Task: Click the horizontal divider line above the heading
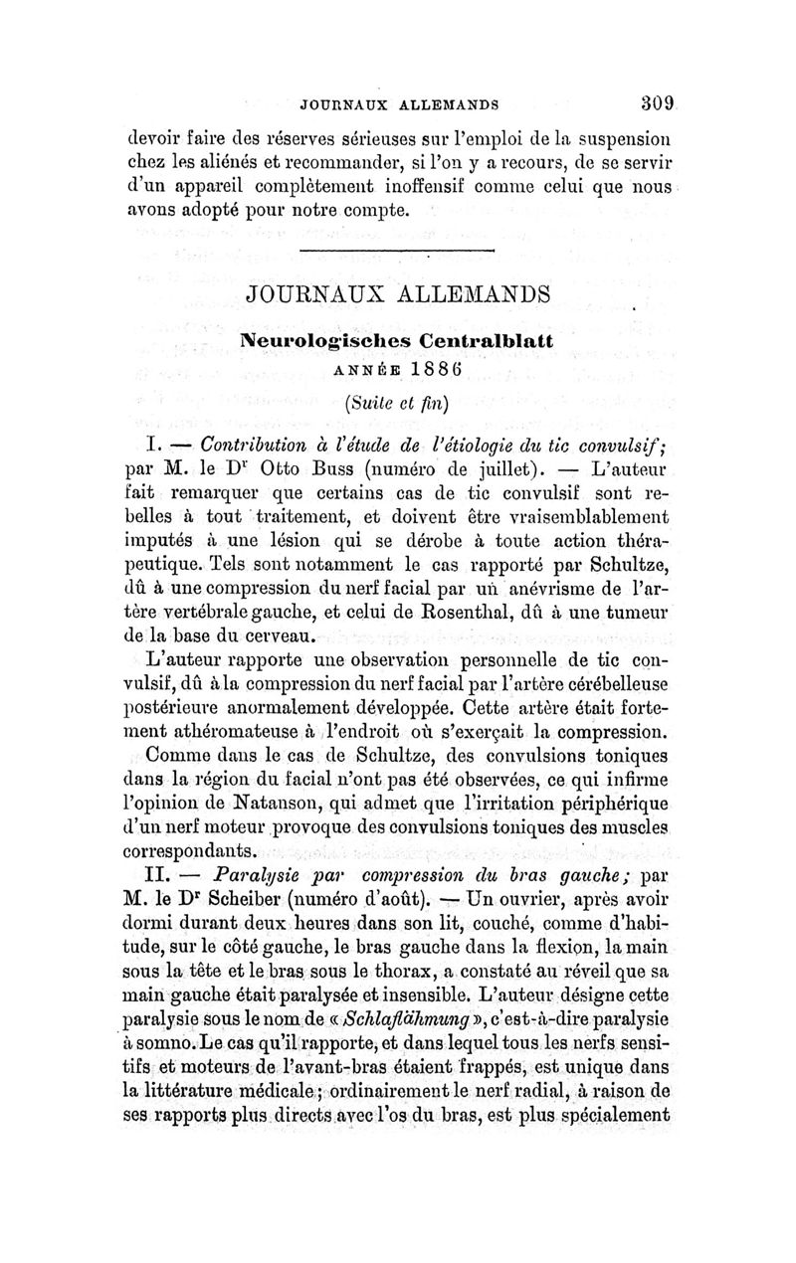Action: tap(399, 248)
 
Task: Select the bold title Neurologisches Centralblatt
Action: tap(398, 340)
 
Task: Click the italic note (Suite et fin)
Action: tap(398, 403)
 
